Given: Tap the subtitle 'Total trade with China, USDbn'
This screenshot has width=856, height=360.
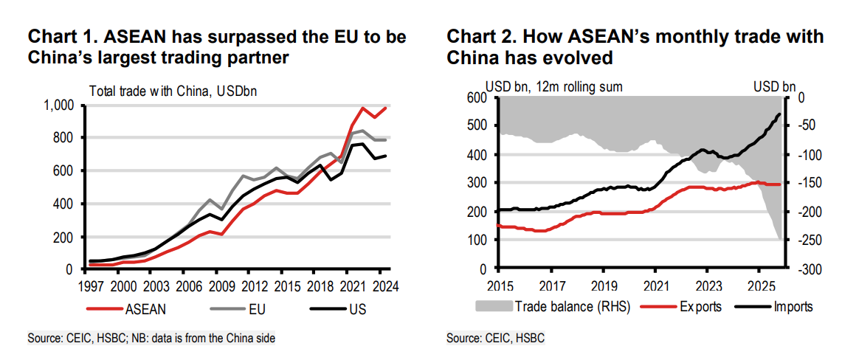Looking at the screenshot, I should pos(172,91).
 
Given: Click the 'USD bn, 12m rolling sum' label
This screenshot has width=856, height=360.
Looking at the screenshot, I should pos(553,87).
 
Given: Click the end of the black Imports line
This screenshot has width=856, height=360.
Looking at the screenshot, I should pos(781,114).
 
